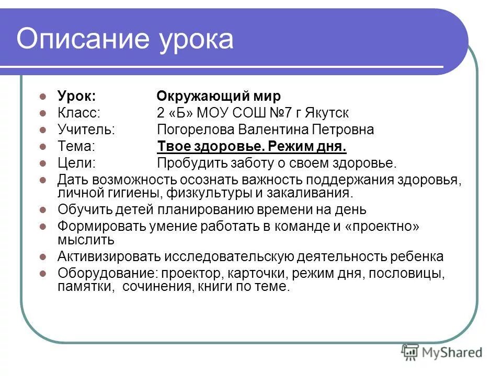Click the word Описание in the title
82,40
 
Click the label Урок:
76,97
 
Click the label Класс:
79,113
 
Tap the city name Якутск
329,113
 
